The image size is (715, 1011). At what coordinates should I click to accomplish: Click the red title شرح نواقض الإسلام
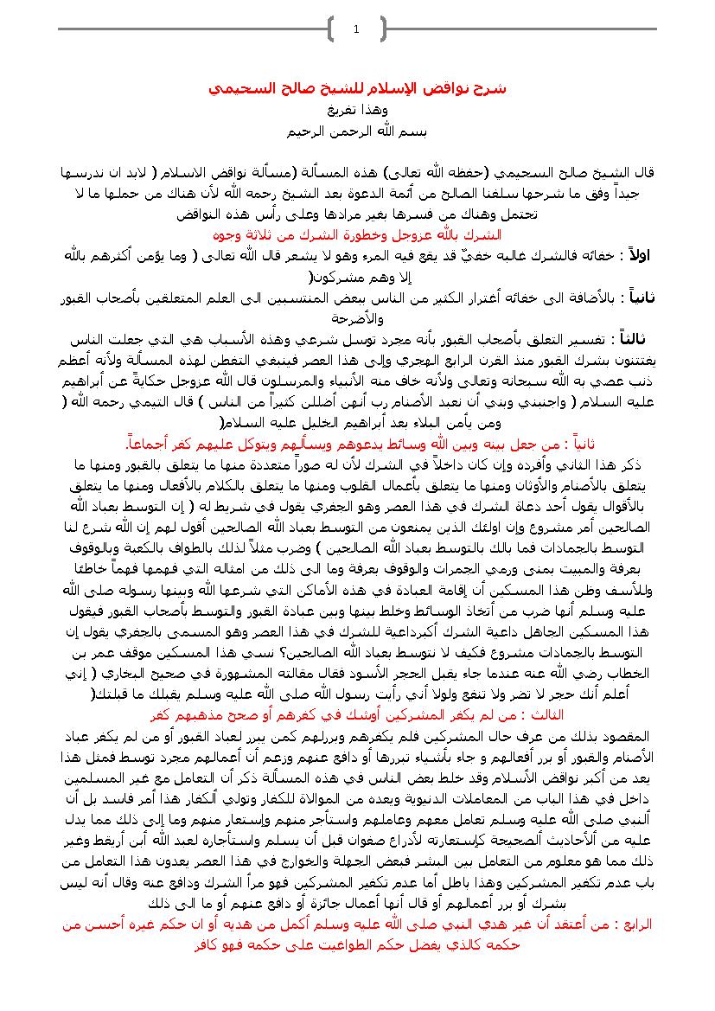(356, 89)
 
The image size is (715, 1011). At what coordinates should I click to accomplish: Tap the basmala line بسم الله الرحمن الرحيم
(358, 131)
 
